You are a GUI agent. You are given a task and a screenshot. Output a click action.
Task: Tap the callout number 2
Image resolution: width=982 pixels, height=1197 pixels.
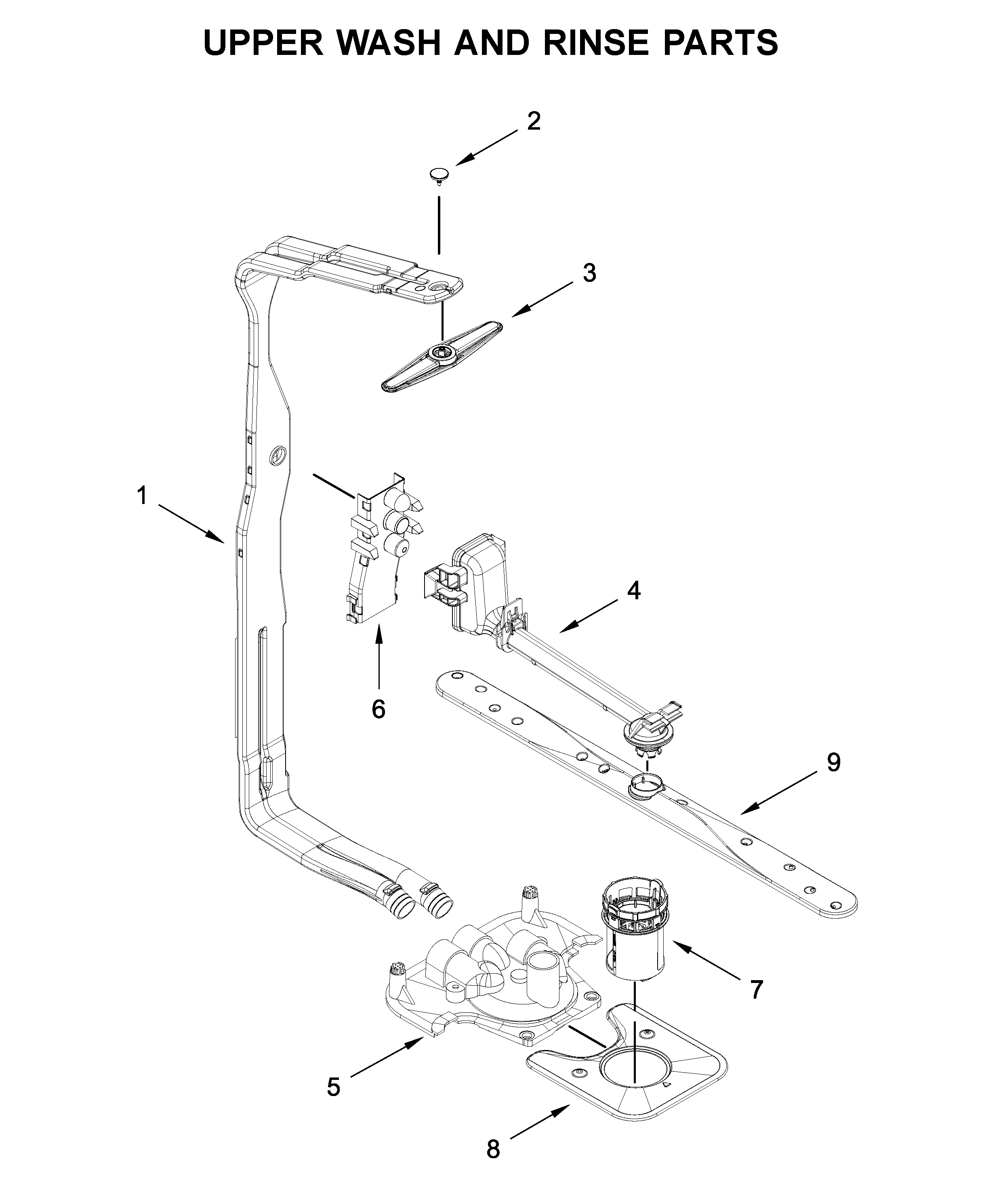(534, 121)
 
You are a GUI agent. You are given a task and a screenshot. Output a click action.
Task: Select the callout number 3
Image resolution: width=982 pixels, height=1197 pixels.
(589, 273)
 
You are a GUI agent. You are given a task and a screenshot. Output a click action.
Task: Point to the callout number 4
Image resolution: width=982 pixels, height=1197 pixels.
(633, 590)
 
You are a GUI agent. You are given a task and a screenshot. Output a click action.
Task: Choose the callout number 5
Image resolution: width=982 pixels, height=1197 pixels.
(334, 1086)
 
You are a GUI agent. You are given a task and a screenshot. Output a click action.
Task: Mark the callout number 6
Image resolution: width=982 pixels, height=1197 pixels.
(379, 709)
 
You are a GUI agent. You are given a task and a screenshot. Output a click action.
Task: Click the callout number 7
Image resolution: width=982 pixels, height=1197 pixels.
(756, 989)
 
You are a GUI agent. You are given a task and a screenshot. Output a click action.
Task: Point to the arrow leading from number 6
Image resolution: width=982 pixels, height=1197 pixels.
(379, 656)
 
